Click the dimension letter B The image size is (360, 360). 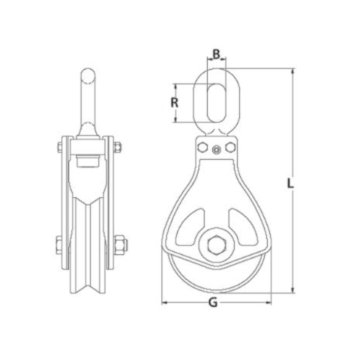coord(216,54)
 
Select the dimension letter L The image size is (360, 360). coord(290,182)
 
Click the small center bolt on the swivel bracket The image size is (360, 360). coord(216,149)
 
